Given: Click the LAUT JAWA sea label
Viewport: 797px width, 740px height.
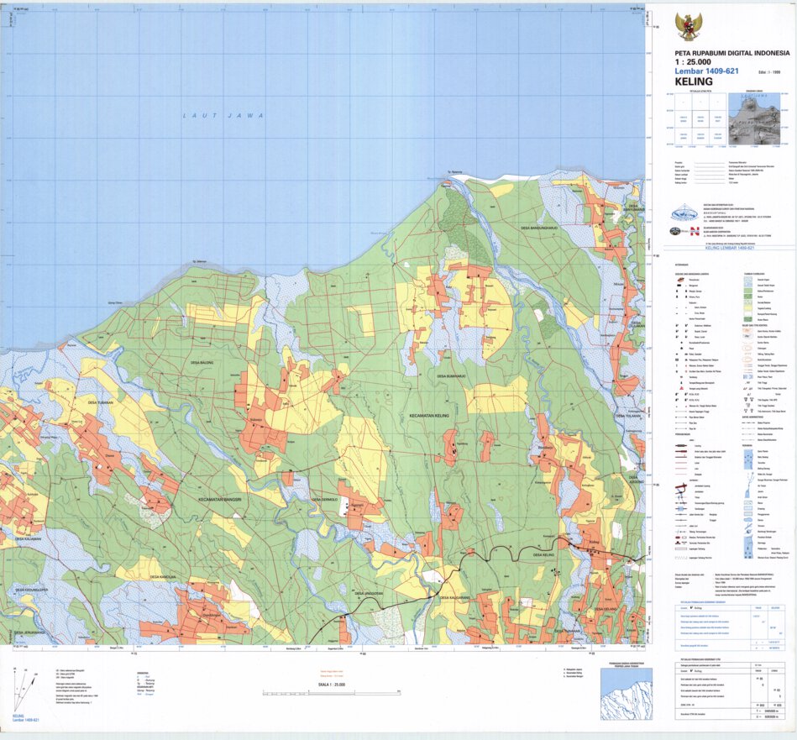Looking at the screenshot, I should (223, 115).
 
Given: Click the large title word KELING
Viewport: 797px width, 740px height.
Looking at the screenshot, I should (694, 81).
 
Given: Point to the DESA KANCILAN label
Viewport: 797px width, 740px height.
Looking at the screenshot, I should (162, 578).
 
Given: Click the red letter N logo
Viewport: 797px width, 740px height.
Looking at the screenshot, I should (694, 230).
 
